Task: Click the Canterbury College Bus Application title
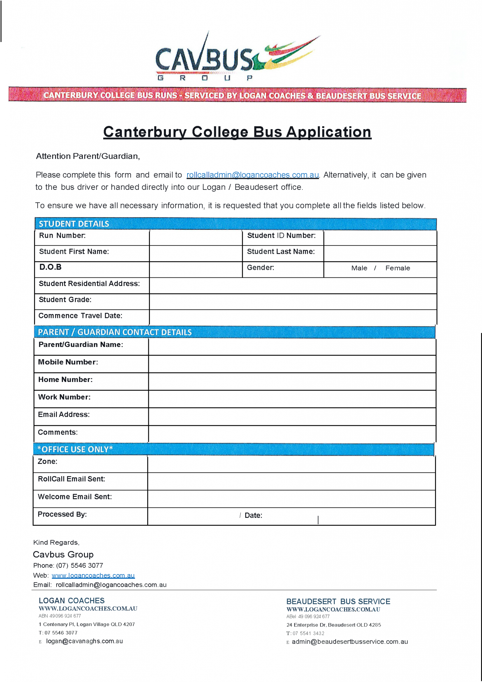(237, 132)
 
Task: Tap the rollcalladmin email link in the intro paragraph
(252, 175)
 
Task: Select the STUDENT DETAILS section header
(74, 224)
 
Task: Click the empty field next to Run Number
(196, 237)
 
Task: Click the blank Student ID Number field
(380, 237)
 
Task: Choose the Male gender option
(359, 268)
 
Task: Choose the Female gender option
(397, 268)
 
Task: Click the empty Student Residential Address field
(292, 285)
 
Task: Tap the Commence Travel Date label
(80, 316)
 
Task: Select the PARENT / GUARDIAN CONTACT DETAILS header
(115, 332)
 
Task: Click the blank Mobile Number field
(292, 364)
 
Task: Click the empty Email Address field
(292, 416)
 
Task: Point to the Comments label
(58, 432)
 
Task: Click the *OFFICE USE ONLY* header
(75, 449)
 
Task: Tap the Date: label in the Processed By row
(253, 515)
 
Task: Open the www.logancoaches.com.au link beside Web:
(93, 575)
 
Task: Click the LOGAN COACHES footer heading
(72, 600)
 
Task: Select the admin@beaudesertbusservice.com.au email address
(350, 642)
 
